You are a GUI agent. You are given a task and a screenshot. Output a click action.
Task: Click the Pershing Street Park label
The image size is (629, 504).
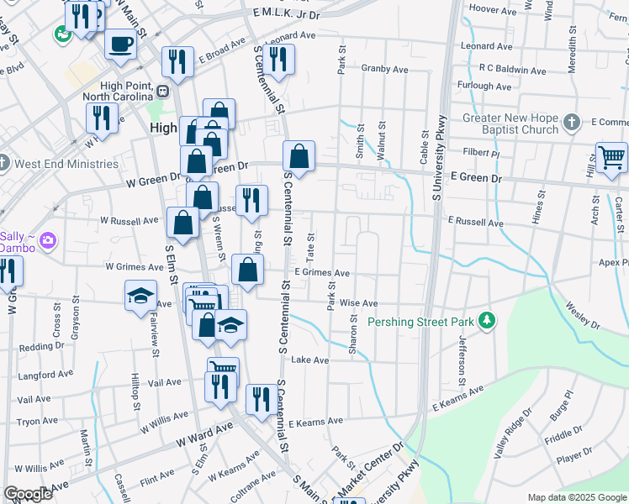click(x=421, y=322)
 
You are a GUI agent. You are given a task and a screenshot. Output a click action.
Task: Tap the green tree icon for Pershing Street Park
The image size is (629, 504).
click(x=485, y=321)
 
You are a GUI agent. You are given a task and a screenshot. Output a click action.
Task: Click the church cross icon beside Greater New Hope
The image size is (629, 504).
click(x=570, y=123)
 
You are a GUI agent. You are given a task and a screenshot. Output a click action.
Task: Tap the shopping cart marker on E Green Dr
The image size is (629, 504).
click(x=611, y=157)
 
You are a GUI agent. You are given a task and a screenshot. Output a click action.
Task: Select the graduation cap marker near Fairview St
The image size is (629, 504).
click(x=140, y=295)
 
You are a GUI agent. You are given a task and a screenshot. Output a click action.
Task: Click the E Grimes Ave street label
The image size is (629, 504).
click(x=323, y=273)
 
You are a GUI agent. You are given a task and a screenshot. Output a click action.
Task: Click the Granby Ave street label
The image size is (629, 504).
click(x=384, y=69)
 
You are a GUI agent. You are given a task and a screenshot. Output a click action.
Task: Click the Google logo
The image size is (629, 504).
click(x=28, y=495)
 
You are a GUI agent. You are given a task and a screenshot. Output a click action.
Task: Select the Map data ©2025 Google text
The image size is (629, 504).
click(x=576, y=497)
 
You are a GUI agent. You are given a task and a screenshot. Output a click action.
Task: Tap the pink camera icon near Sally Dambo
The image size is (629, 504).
click(x=49, y=241)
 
